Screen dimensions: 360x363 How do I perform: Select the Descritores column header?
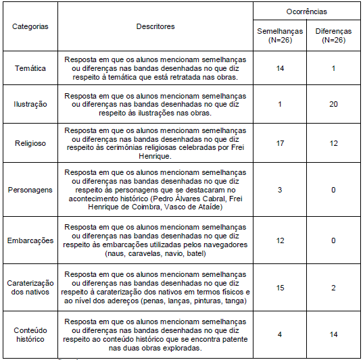[x=155, y=26]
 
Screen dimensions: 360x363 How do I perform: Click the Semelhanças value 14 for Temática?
[x=279, y=68]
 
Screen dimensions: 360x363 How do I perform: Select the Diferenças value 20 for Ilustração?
[x=333, y=104]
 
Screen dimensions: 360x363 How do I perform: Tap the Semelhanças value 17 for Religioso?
[x=279, y=143]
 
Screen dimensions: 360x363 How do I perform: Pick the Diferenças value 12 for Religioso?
[x=333, y=143]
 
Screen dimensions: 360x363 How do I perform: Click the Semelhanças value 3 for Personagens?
[x=279, y=190]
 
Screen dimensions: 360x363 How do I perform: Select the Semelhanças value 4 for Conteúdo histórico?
[x=279, y=334]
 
